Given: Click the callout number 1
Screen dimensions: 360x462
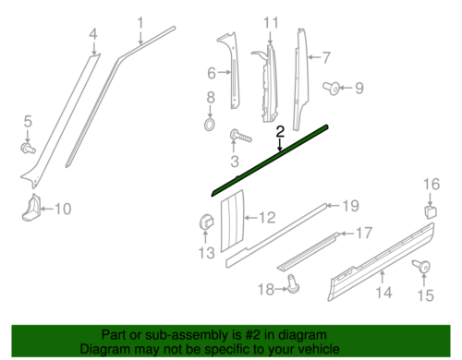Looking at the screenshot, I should (140, 22).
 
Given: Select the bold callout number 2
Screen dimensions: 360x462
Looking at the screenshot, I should (279, 132).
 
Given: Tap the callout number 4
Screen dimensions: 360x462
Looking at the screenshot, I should (92, 36).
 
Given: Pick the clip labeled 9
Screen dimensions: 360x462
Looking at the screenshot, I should (331, 89).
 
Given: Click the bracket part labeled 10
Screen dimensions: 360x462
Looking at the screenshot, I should (32, 208).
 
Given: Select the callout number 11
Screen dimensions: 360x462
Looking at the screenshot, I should (269, 22).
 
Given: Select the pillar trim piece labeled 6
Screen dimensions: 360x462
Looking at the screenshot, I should (227, 69).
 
